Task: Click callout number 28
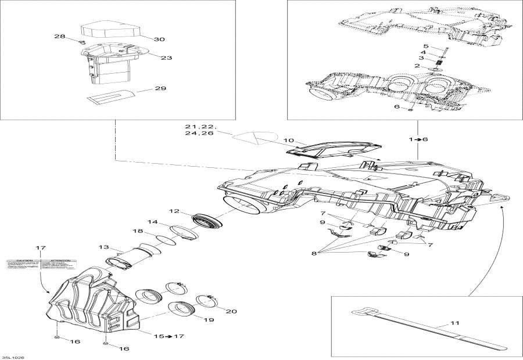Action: click(60, 37)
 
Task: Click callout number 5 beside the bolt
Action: click(425, 46)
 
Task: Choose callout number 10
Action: click(288, 141)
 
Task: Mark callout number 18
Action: click(138, 232)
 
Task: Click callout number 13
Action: click(104, 246)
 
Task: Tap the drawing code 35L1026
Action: click(13, 357)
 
